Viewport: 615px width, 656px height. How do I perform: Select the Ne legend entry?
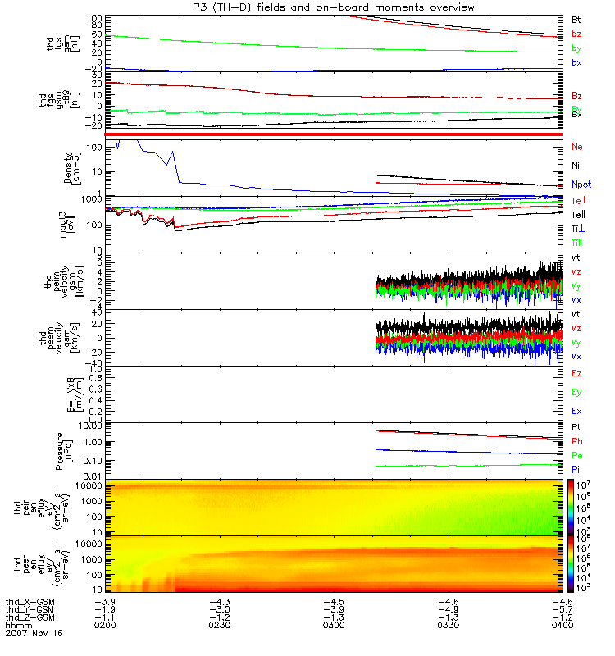(x=576, y=147)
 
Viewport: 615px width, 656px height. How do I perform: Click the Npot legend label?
(x=581, y=185)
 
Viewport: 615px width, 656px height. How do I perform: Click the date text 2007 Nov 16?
(x=34, y=634)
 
